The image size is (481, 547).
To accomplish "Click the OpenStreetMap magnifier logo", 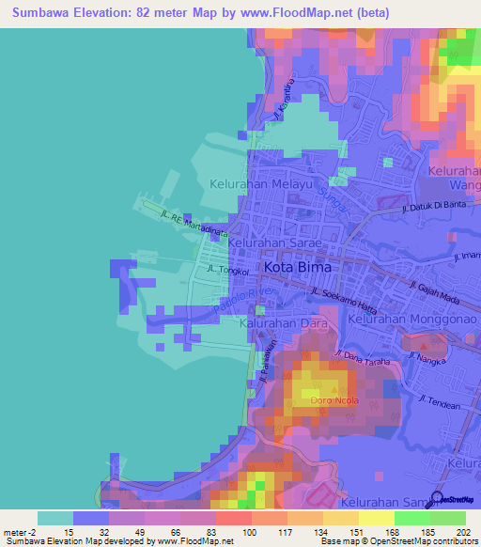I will point(437,499).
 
